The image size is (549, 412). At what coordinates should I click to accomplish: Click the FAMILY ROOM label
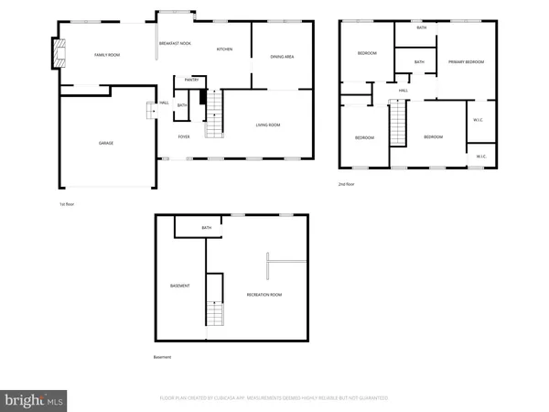coord(107,55)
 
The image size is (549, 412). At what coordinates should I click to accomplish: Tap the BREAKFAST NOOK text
coord(174,43)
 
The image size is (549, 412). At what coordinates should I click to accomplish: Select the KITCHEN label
coord(224,49)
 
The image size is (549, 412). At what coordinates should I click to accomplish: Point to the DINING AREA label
coord(282,57)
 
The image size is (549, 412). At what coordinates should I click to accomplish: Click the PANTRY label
coord(191,80)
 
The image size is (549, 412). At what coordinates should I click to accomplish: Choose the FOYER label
coord(183,136)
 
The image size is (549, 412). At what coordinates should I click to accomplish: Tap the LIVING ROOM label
coord(267,125)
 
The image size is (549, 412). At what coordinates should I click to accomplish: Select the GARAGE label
coord(106,143)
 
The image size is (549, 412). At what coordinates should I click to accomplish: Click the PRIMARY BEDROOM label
coord(466,61)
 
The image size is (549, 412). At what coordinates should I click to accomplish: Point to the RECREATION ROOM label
coord(264,294)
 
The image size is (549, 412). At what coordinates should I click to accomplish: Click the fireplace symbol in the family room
coord(59,53)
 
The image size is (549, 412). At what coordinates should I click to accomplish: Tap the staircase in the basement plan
coord(213,314)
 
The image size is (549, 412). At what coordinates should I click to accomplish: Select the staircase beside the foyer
coord(213,120)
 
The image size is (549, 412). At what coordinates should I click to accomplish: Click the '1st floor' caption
coord(65,203)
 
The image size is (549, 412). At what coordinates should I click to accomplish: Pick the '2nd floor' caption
coord(346,184)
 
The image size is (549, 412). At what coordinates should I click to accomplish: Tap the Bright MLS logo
coord(35,399)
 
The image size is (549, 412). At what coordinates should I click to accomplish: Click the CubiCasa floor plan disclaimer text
coord(274,398)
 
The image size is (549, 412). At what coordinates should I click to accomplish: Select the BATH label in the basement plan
coord(207,228)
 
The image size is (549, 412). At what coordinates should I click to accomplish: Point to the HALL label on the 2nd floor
coord(403,91)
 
